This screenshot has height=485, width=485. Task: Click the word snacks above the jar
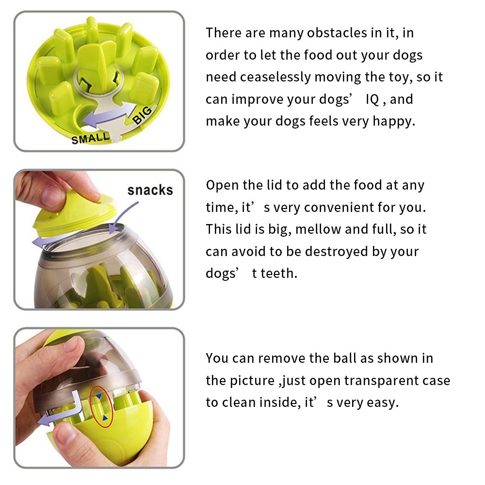(x=150, y=190)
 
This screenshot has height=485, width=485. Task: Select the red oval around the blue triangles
(x=102, y=406)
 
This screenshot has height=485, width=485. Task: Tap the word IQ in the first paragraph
(x=372, y=99)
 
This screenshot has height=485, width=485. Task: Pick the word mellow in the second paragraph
(x=318, y=229)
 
